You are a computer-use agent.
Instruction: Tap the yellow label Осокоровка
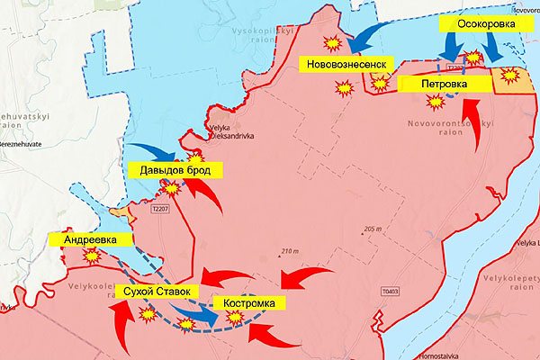pos(486,24)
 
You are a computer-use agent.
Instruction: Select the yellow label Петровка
pos(445,84)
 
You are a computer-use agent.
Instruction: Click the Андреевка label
pos(96,240)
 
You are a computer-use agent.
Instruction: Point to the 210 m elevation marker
pos(288,250)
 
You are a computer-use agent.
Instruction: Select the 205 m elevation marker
pos(373,229)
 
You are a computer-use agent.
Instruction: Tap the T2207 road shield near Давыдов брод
pos(161,209)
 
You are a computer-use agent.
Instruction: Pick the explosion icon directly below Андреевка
pos(90,256)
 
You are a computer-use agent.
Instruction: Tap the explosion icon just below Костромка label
pos(236,319)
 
